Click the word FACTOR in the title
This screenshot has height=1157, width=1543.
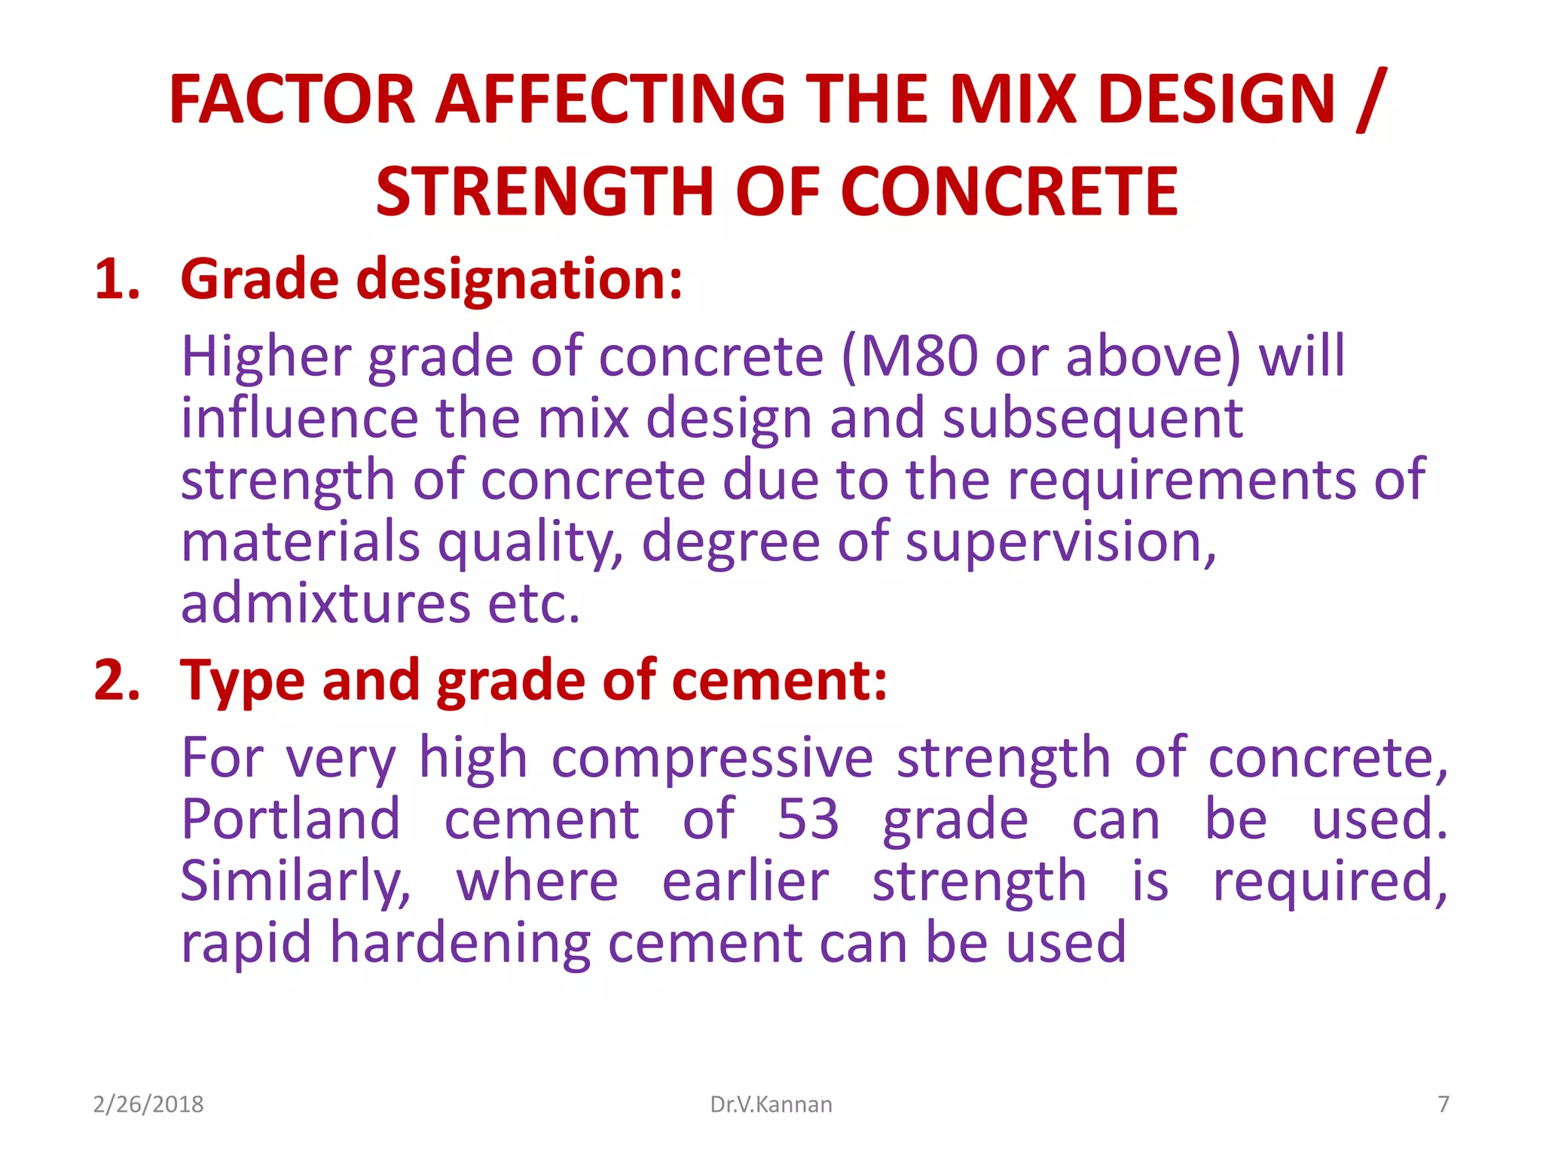(292, 99)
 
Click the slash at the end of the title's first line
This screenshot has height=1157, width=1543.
(1370, 101)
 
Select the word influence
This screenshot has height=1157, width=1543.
(299, 418)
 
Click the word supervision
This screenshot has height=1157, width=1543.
(1059, 543)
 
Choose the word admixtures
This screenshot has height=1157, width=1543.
(325, 603)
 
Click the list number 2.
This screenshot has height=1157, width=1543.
(117, 680)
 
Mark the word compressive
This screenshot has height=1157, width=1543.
(712, 759)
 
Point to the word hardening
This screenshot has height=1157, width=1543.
(460, 944)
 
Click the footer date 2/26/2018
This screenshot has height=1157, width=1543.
(148, 1104)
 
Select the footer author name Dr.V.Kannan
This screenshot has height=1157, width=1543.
(771, 1104)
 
